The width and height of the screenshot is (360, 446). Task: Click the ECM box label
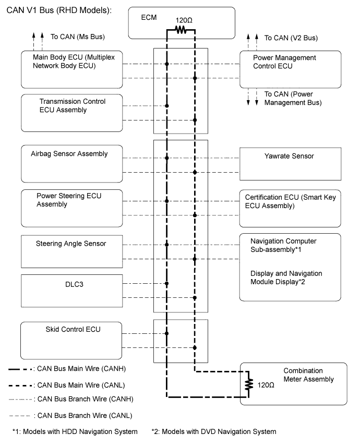[x=149, y=18]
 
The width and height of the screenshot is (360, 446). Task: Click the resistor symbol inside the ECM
[x=181, y=30]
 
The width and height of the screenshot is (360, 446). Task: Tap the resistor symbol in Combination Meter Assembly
[x=249, y=384]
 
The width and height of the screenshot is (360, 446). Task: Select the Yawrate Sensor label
[x=289, y=156]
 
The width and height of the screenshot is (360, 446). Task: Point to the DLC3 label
[x=74, y=284]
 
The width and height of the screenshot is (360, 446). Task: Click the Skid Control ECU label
[x=73, y=329]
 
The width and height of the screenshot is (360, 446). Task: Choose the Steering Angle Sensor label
[x=71, y=244]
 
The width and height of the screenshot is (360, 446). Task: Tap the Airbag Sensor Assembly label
[x=69, y=154]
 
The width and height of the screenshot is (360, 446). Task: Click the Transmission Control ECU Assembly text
[x=73, y=106]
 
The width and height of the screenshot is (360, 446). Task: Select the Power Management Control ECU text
[x=284, y=62]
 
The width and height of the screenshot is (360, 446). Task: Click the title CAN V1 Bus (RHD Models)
[x=59, y=10]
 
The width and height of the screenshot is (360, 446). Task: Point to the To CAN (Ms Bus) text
[x=78, y=37]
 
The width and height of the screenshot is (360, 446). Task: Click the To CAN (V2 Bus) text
[x=291, y=38]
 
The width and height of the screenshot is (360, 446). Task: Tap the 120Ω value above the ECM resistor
[x=184, y=20]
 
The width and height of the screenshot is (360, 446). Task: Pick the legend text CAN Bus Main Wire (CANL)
[x=81, y=385]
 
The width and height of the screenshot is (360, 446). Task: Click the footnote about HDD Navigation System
[x=75, y=432]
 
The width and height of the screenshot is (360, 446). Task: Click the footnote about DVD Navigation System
[x=214, y=432]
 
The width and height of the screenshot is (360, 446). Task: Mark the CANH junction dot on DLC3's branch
[x=167, y=284]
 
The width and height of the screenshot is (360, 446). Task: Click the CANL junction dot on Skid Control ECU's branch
[x=195, y=347]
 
